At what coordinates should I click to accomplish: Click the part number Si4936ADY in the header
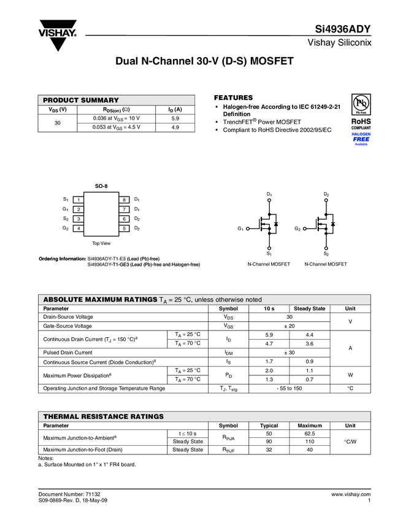tap(342, 29)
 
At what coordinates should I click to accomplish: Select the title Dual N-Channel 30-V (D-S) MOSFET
tap(205, 63)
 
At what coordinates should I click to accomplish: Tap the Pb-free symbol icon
tap(361, 104)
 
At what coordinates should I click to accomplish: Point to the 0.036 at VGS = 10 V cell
tap(116, 118)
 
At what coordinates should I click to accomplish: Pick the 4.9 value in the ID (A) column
tap(175, 127)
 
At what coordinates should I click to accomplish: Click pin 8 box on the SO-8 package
tap(123, 200)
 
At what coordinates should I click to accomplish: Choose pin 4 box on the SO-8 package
tap(79, 228)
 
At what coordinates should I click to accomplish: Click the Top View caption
tap(101, 243)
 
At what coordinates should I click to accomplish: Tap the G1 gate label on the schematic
tap(241, 228)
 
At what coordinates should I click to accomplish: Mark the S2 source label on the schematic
tap(326, 254)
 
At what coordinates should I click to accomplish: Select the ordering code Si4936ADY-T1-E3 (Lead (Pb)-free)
tap(123, 259)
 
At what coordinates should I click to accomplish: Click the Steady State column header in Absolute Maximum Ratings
tap(310, 308)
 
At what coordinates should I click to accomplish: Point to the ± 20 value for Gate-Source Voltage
tap(289, 325)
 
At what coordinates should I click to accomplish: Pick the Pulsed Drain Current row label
tap(67, 353)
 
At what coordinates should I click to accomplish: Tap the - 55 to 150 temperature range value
tap(289, 388)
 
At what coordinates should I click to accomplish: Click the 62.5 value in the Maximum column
tap(310, 434)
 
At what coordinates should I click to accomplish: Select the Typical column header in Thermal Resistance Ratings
tap(269, 426)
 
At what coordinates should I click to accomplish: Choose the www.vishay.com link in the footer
tap(351, 494)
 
